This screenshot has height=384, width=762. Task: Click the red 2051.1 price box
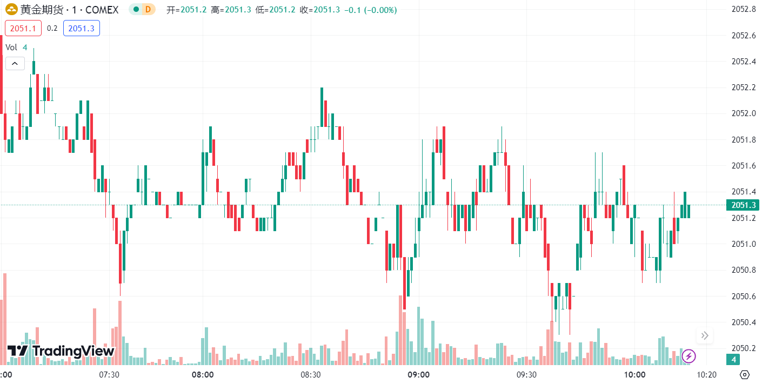click(x=23, y=28)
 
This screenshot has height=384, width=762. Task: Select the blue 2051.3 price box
click(x=81, y=28)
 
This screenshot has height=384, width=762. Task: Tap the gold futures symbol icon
click(x=12, y=10)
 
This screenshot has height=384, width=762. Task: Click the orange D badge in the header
click(x=148, y=10)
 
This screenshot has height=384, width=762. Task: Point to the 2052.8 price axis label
click(x=744, y=9)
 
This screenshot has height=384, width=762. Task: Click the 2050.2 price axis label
click(x=744, y=348)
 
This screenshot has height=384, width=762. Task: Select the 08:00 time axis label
click(x=203, y=374)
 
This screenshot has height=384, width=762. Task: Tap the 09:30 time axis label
click(x=526, y=374)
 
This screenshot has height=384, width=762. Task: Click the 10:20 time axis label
click(x=706, y=374)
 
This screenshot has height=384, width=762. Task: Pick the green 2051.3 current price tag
click(x=743, y=205)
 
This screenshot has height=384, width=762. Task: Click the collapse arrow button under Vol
click(x=15, y=64)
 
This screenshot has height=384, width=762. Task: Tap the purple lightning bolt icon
click(x=689, y=356)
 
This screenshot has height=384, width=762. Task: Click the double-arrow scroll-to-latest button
click(x=705, y=336)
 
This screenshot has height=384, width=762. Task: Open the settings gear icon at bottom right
click(x=744, y=374)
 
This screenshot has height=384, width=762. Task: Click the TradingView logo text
click(x=73, y=351)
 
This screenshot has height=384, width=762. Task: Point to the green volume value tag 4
click(x=733, y=359)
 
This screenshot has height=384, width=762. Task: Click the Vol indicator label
click(x=11, y=47)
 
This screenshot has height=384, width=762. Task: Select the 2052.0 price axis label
click(x=744, y=113)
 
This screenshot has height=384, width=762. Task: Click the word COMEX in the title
click(x=102, y=10)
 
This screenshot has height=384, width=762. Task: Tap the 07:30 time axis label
click(x=109, y=374)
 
